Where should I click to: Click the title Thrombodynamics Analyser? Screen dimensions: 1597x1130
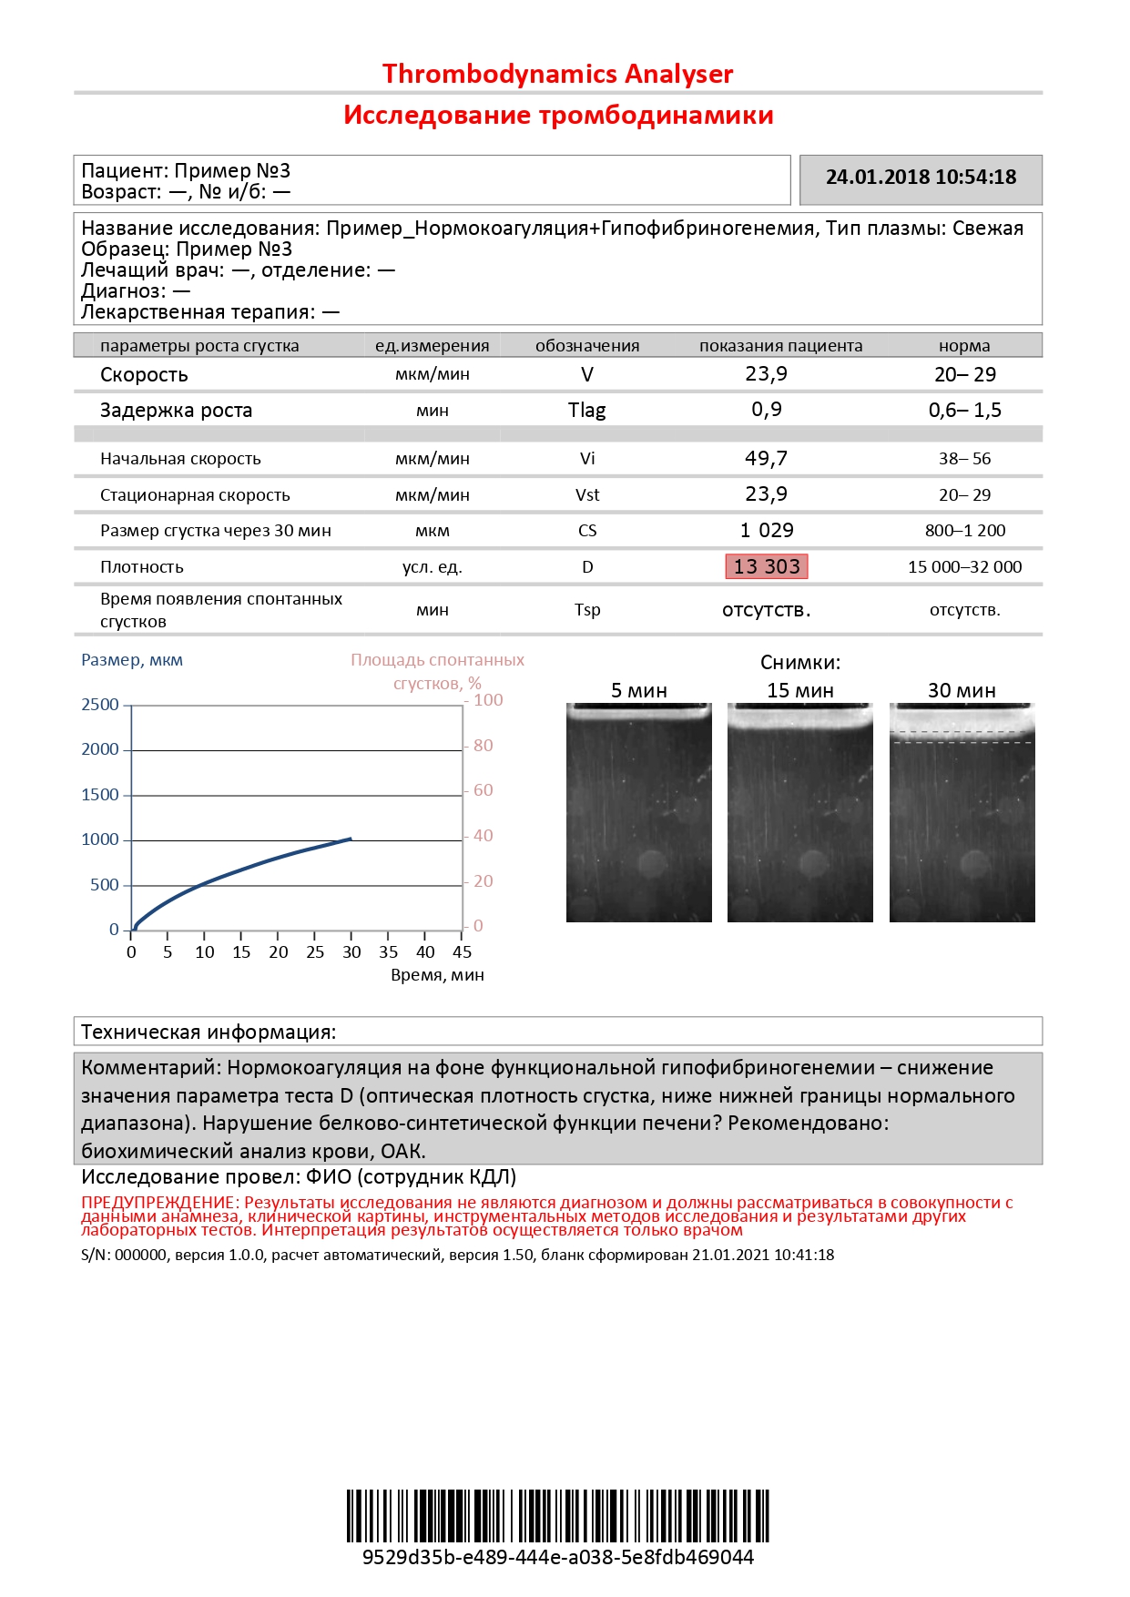click(x=557, y=74)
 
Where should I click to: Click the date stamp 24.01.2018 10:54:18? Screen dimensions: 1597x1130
click(x=921, y=178)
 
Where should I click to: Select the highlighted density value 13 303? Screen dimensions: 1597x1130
click(x=766, y=566)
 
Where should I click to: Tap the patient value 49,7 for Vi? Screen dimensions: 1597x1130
click(x=766, y=458)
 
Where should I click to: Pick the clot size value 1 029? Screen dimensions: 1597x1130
click(x=766, y=530)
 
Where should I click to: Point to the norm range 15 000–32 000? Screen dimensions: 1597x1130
click(x=964, y=566)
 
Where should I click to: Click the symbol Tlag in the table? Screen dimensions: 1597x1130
click(x=586, y=410)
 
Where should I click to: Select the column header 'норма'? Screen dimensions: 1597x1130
click(x=964, y=346)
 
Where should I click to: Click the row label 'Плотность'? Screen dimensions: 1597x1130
click(x=142, y=566)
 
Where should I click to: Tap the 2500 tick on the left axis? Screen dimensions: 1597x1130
click(x=100, y=705)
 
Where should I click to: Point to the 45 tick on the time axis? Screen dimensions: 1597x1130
click(x=463, y=951)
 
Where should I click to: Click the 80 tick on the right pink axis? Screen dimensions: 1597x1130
click(x=484, y=746)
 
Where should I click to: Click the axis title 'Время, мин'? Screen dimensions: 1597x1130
click(x=437, y=975)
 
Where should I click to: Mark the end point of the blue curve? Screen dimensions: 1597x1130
click(x=351, y=839)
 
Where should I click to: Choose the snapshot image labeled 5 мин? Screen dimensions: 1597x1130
click(x=639, y=812)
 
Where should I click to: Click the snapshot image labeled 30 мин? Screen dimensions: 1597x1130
click(x=962, y=812)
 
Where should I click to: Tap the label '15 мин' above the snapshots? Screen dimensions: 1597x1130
click(x=800, y=690)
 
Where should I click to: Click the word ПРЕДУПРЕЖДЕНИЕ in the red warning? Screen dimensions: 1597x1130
click(x=158, y=1203)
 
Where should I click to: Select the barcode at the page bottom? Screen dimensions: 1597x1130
click(x=557, y=1515)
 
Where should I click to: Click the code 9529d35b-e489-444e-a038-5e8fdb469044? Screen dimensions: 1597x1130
click(x=557, y=1557)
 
